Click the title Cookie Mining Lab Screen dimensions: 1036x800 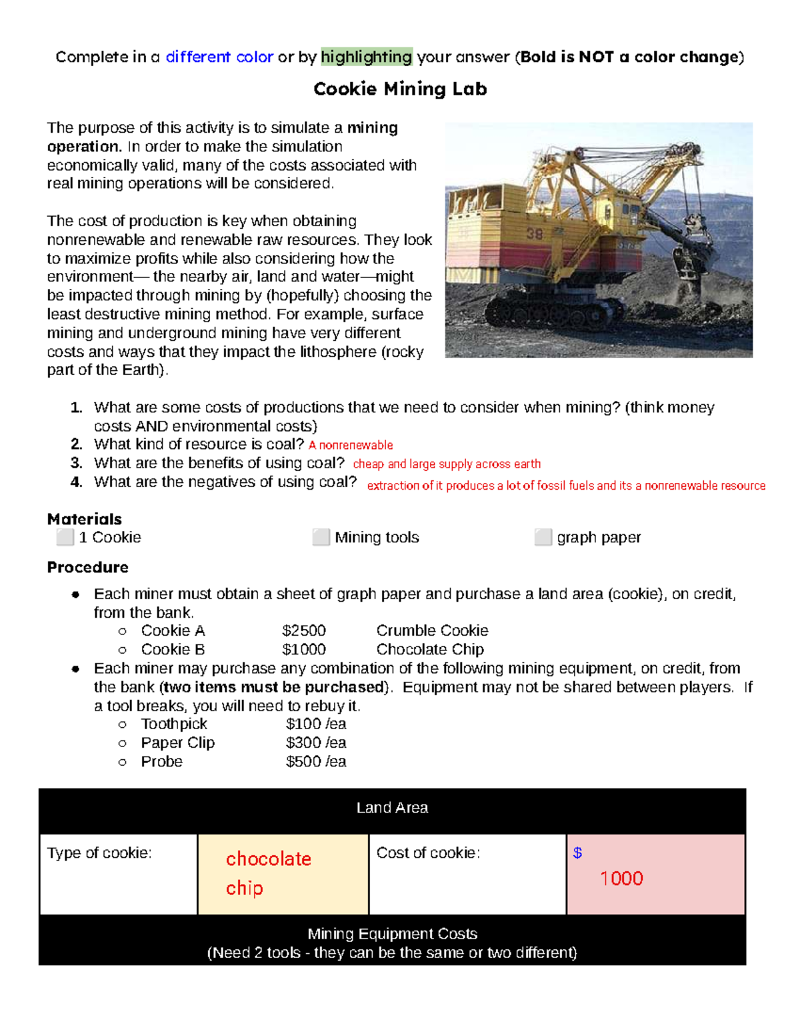click(x=400, y=89)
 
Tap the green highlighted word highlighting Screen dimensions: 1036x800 click(x=366, y=57)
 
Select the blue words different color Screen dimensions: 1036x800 click(x=219, y=57)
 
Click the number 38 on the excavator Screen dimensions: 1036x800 click(x=535, y=233)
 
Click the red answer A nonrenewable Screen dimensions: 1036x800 click(x=351, y=445)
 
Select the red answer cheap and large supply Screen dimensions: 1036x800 click(x=447, y=464)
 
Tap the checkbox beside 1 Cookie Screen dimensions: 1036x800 click(x=65, y=537)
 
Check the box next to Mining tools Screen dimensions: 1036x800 click(x=321, y=537)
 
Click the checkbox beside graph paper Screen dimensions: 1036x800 click(x=543, y=537)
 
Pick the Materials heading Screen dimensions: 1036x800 click(x=85, y=519)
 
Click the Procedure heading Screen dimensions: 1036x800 click(x=88, y=567)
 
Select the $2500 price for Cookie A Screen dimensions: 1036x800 click(x=304, y=630)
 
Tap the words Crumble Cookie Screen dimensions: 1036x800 click(x=432, y=630)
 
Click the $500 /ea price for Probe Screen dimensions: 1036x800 click(x=316, y=761)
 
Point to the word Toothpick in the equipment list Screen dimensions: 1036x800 click(x=174, y=724)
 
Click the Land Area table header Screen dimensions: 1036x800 click(x=392, y=808)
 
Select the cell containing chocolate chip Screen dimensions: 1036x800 click(x=283, y=873)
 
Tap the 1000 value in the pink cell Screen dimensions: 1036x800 click(x=621, y=878)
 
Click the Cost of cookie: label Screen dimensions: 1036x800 click(x=428, y=853)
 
